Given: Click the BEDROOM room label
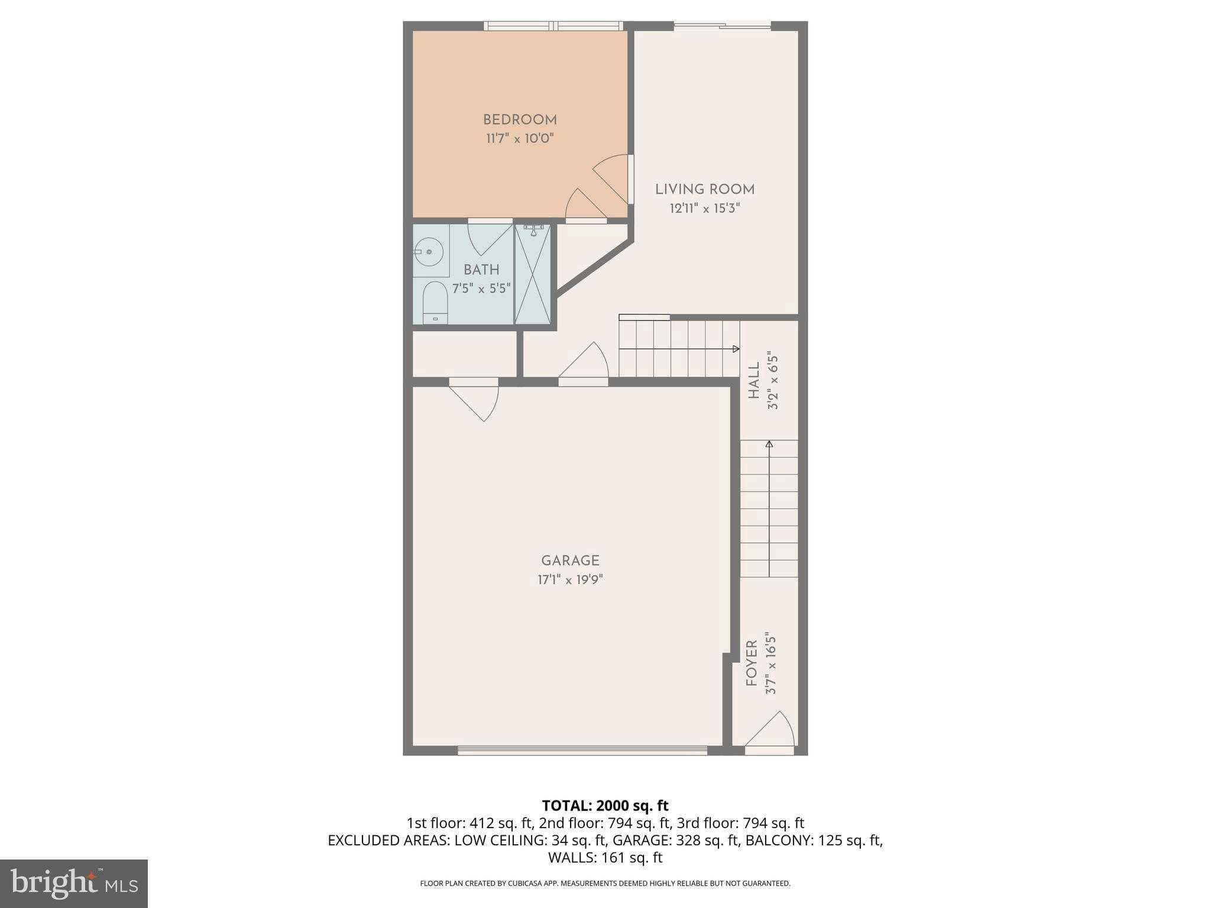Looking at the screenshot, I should (520, 120).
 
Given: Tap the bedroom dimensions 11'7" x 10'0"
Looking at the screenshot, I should (520, 139).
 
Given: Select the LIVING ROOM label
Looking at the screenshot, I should (704, 190).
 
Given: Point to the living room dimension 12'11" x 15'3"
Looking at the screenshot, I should (704, 208).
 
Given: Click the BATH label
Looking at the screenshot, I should (481, 270).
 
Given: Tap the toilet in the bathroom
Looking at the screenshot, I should (435, 301).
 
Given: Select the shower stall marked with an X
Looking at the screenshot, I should (532, 275).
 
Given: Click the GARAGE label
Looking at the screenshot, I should (570, 560).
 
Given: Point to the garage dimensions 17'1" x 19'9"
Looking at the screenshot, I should (570, 579).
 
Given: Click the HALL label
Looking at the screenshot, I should (754, 381).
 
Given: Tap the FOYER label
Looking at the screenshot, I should (752, 663).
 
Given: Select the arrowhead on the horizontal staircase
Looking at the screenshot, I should (736, 349).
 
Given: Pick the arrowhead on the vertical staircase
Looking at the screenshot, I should (769, 443).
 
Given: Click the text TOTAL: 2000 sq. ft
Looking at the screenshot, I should (605, 805).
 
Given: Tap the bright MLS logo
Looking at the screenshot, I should (73, 883).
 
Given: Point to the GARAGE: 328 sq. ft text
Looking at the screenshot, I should (676, 840).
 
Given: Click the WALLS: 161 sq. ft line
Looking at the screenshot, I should (605, 857).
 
